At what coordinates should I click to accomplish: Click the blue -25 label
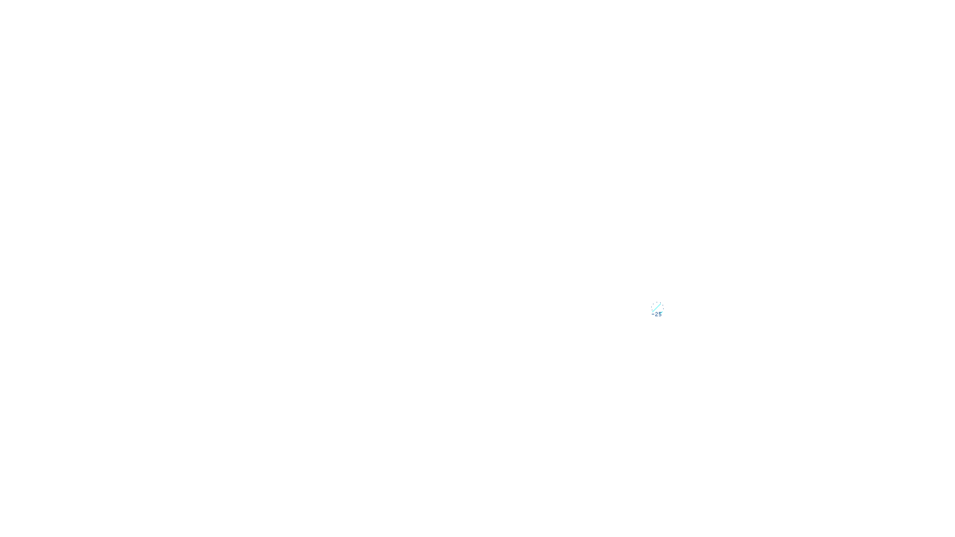point(657,314)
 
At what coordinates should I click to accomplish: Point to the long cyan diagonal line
point(657,308)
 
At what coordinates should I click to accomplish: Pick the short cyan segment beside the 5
point(661,313)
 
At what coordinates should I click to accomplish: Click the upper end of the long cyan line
point(660,304)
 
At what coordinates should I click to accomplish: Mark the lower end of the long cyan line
point(652,311)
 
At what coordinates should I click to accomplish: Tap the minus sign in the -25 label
point(653,314)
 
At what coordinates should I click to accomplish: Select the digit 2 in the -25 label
point(657,314)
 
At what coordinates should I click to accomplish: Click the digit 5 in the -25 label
point(660,314)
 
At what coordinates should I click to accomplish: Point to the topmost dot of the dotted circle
point(657,302)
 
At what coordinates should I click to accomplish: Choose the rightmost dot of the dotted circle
point(663,308)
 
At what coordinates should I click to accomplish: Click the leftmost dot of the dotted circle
point(651,307)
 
